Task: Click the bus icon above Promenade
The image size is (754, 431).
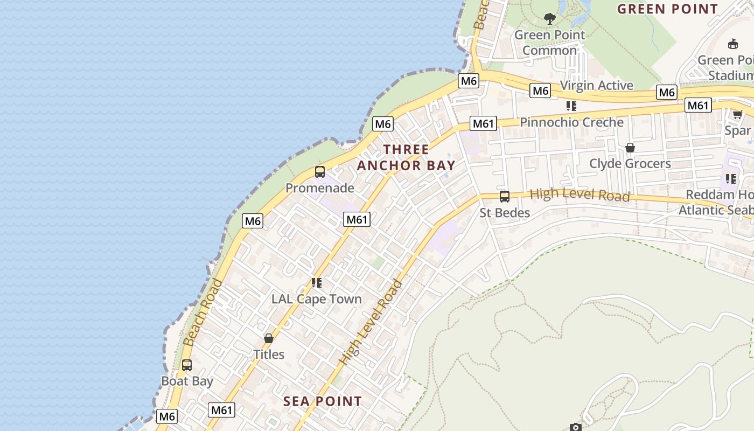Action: point(319,172)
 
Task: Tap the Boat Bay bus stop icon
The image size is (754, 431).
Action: point(187,365)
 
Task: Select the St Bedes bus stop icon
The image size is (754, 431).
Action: point(505,197)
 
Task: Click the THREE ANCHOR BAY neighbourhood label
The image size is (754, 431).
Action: point(406,157)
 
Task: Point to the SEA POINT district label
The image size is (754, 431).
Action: point(323,401)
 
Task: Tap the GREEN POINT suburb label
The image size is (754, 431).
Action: point(667,9)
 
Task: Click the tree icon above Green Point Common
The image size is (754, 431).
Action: point(549,19)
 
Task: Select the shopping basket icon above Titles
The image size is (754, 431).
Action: point(269,338)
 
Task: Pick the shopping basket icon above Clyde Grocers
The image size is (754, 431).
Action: point(630,148)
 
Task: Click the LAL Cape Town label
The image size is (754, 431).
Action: point(316,299)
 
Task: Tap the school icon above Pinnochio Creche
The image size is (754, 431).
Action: point(571,106)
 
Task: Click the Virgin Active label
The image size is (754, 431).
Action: point(597,86)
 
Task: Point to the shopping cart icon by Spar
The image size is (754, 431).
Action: point(737,114)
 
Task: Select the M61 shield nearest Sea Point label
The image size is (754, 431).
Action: point(221,410)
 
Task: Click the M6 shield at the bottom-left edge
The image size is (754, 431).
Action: point(167,416)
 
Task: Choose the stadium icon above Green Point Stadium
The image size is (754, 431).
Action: point(732,44)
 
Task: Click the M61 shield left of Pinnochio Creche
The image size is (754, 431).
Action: point(483,124)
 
